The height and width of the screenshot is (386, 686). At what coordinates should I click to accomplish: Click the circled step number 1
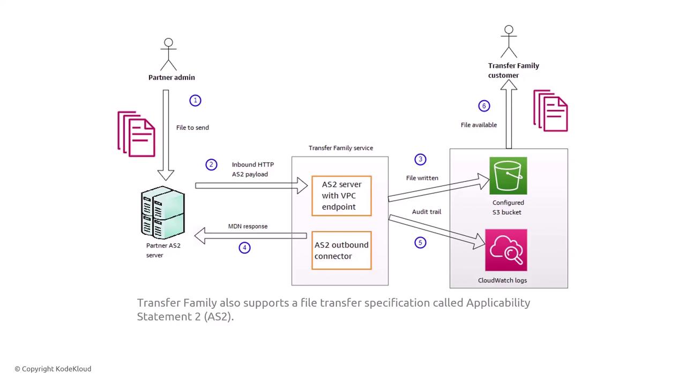coord(196,100)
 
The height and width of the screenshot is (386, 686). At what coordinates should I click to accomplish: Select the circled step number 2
coord(212,165)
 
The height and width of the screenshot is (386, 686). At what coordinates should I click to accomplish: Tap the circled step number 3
coord(420,159)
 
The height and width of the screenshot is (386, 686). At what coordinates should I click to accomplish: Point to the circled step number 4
coord(244,248)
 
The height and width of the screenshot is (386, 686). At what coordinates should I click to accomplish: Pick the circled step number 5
coord(420,242)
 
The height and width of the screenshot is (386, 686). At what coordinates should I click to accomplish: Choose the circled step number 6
coord(484,106)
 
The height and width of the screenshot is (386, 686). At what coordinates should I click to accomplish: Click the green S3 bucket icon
coord(508,176)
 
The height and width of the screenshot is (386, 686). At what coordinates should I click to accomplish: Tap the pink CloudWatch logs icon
coord(506,250)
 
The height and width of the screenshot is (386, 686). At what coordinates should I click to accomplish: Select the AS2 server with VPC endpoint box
coord(341,196)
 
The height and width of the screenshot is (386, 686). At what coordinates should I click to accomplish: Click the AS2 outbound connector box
coord(341,250)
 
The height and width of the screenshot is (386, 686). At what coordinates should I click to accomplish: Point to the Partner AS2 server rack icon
coord(163,212)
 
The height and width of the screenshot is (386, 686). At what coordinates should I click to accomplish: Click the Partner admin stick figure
coord(168,54)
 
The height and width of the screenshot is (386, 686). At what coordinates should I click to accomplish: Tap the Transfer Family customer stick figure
coord(509,41)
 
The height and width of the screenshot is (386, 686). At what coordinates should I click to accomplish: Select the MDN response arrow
coord(250,235)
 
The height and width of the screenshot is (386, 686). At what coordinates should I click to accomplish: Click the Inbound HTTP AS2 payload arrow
coord(251,185)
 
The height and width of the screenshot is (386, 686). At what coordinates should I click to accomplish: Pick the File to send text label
coord(192,128)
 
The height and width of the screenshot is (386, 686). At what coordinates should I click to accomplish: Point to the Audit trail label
coord(427,212)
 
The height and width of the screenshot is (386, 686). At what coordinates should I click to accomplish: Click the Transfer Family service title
coord(341,148)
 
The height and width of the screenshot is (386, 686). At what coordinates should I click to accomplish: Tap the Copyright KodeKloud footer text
coord(53,369)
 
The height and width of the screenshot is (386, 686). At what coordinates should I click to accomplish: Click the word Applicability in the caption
coord(498,303)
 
